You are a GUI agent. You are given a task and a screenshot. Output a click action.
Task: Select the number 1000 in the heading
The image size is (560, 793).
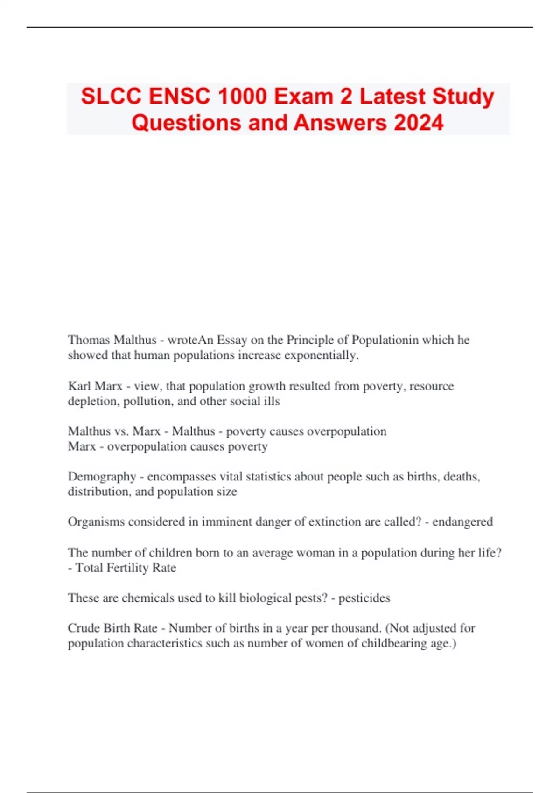[242, 97]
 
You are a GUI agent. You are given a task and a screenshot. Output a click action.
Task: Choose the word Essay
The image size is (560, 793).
[231, 340]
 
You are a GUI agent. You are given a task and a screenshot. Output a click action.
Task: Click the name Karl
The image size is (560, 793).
[79, 386]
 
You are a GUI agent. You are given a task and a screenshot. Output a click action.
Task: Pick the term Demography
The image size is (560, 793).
[102, 476]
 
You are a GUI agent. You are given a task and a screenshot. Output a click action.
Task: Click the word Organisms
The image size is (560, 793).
[96, 522]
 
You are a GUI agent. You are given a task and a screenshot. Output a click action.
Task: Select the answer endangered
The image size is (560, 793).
[462, 522]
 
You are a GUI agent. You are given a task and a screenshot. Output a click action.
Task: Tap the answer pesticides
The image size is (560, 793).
[364, 598]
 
